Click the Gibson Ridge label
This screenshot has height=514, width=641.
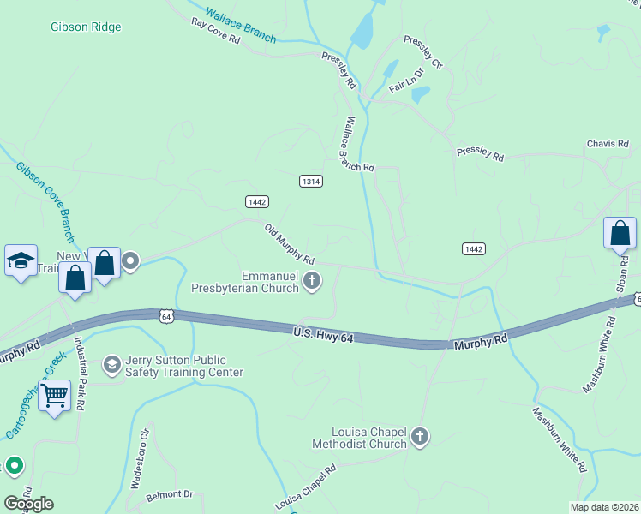[x=86, y=27]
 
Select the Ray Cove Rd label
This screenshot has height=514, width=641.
[x=215, y=35]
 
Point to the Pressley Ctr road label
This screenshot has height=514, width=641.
[x=424, y=52]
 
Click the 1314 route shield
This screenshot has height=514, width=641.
[x=311, y=181]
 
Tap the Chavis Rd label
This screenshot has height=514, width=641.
[x=608, y=144]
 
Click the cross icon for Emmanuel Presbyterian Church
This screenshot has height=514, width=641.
[x=313, y=280]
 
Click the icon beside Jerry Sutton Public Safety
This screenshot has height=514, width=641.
[x=111, y=366]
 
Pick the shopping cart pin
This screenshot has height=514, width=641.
[x=54, y=395]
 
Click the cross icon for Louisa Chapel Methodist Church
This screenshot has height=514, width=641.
[x=419, y=437]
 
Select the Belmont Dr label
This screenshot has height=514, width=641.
[x=170, y=495]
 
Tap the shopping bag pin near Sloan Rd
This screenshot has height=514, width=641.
[x=620, y=232]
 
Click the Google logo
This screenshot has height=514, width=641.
[x=28, y=504]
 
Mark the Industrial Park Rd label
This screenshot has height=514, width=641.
[x=81, y=374]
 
